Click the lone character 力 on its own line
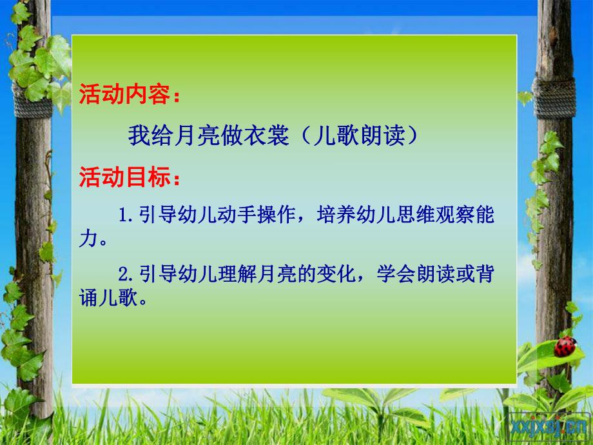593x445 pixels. (89, 241)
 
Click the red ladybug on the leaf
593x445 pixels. (565, 347)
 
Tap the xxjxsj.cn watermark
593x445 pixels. (550, 426)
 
